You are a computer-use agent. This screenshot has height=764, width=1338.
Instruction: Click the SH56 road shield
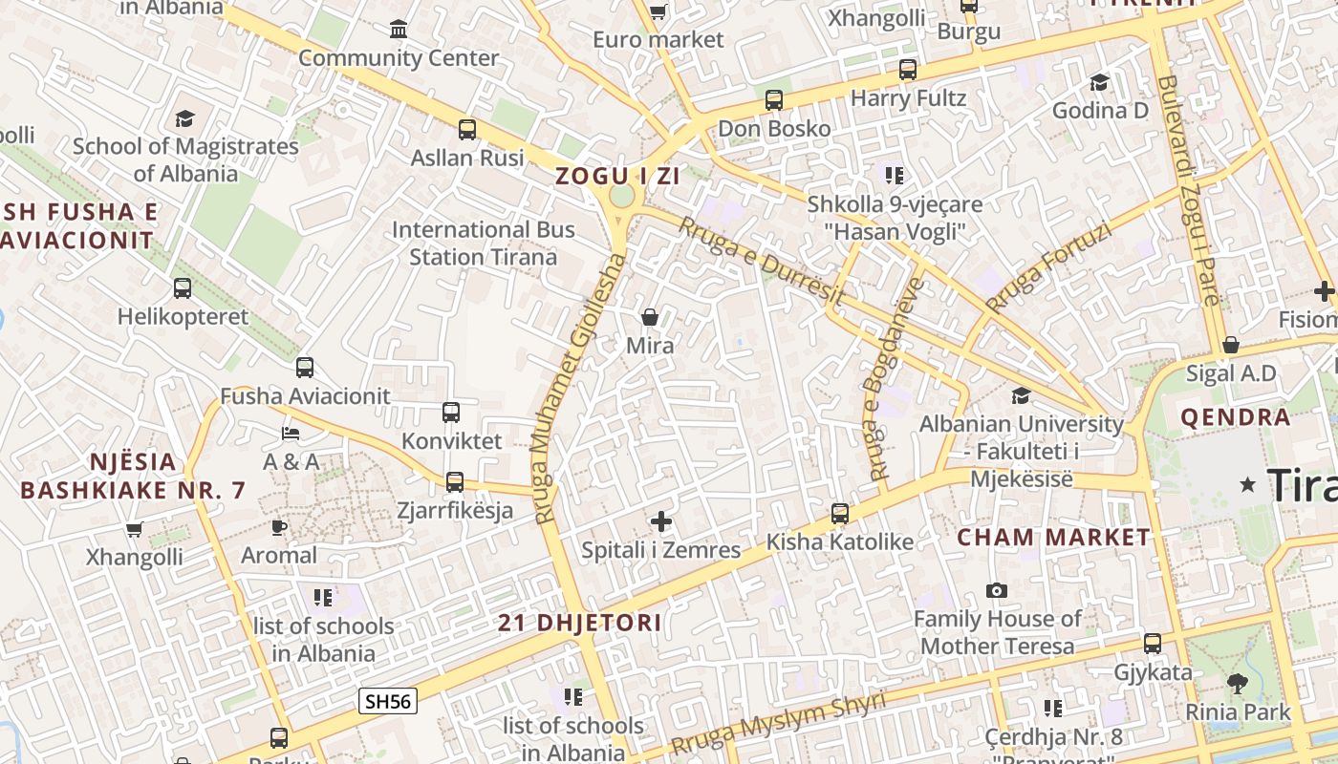(x=388, y=701)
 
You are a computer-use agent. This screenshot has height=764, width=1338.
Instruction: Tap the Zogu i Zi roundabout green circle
(x=621, y=197)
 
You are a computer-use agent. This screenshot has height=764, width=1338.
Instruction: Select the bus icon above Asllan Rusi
(x=467, y=130)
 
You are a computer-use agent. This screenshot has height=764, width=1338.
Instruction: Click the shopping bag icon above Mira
(x=650, y=317)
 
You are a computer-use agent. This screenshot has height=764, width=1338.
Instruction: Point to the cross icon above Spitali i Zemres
(x=661, y=521)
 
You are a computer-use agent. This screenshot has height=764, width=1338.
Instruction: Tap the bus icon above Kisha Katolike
(x=840, y=514)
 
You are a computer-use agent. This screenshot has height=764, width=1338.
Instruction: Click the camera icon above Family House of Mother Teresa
(x=997, y=591)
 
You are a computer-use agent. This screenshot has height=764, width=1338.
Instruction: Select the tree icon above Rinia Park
(x=1238, y=684)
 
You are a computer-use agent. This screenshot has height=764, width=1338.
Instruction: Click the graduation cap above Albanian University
(x=1022, y=395)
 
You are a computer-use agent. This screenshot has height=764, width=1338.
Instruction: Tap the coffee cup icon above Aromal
(x=278, y=527)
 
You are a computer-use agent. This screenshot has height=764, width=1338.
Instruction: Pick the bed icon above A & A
(x=291, y=434)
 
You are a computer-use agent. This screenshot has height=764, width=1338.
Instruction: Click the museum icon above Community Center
(x=399, y=30)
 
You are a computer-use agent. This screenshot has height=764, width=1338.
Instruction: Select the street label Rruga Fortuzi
(x=1049, y=268)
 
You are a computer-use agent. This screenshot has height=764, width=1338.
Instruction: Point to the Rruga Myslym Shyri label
(x=778, y=722)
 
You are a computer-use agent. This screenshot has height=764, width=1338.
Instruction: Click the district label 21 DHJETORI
(x=579, y=624)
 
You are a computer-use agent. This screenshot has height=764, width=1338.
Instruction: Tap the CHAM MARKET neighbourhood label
(x=1054, y=537)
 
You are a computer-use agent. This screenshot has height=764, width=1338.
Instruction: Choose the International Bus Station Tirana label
(x=484, y=244)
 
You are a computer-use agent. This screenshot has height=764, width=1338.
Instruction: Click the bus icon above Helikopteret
(x=183, y=287)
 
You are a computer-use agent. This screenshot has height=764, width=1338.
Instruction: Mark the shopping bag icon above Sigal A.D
(x=1231, y=345)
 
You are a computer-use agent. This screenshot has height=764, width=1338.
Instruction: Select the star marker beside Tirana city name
(x=1247, y=485)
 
